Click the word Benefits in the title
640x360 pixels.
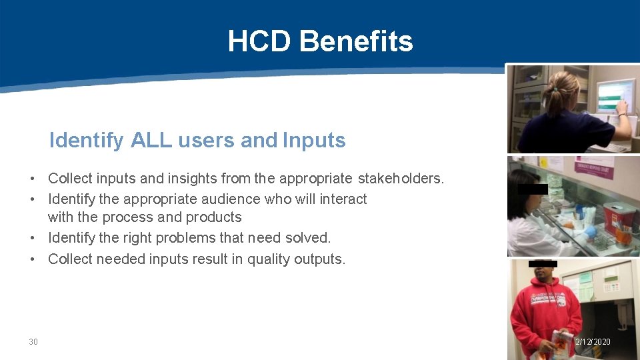coord(356,41)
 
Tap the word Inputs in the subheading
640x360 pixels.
coord(314,141)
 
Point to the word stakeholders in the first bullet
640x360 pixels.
coord(400,179)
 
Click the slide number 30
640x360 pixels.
coord(33,342)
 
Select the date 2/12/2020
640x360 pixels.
coord(593,342)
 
